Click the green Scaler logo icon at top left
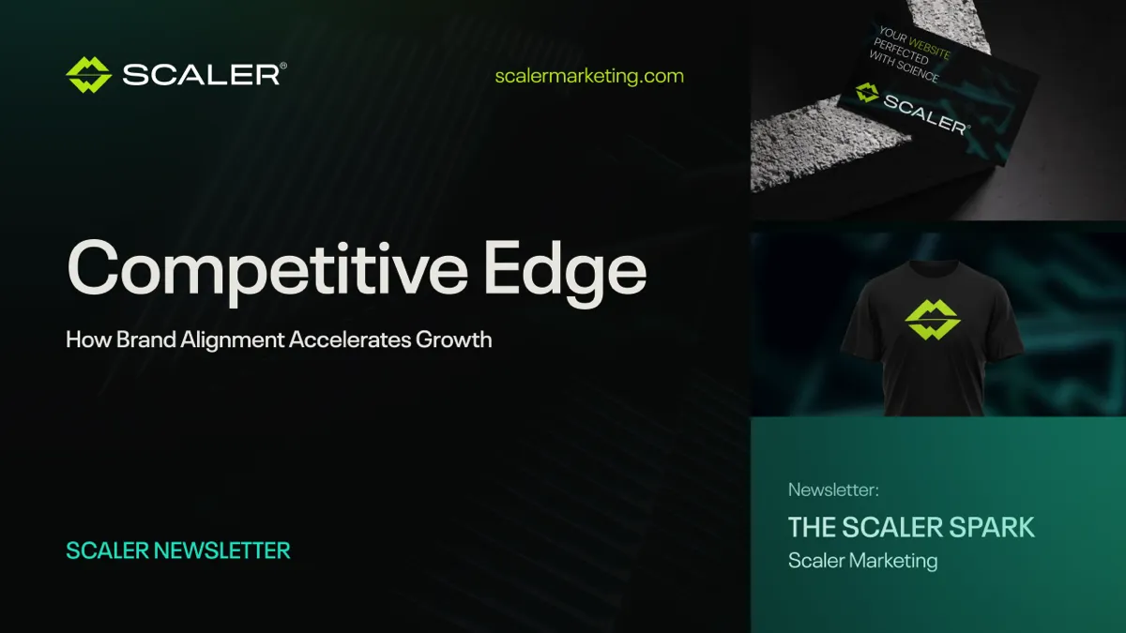(x=89, y=75)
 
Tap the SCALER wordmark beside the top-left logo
(x=202, y=75)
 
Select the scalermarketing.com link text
(x=589, y=76)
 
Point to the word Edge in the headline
(x=565, y=269)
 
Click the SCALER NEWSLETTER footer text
(x=178, y=550)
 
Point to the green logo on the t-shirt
(x=932, y=320)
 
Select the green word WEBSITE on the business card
(x=929, y=47)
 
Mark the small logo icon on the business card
(x=867, y=92)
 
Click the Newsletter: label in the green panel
(x=833, y=490)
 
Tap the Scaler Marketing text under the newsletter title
(x=862, y=561)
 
